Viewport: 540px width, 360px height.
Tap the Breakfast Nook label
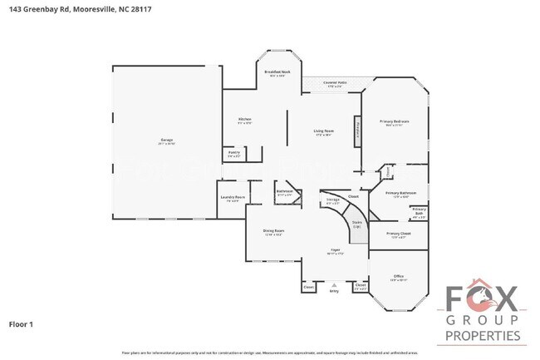[x=277, y=73]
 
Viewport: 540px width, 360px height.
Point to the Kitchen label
[x=244, y=121]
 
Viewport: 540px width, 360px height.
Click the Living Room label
[x=323, y=132]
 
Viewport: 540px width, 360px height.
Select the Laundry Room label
[x=232, y=198]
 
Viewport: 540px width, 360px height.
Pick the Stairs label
[x=356, y=224]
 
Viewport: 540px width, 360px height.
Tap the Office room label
[x=398, y=278]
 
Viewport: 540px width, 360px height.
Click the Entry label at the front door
[x=334, y=292]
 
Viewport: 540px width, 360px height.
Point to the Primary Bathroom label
[x=401, y=194]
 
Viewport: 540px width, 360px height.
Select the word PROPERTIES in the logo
[x=484, y=335]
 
